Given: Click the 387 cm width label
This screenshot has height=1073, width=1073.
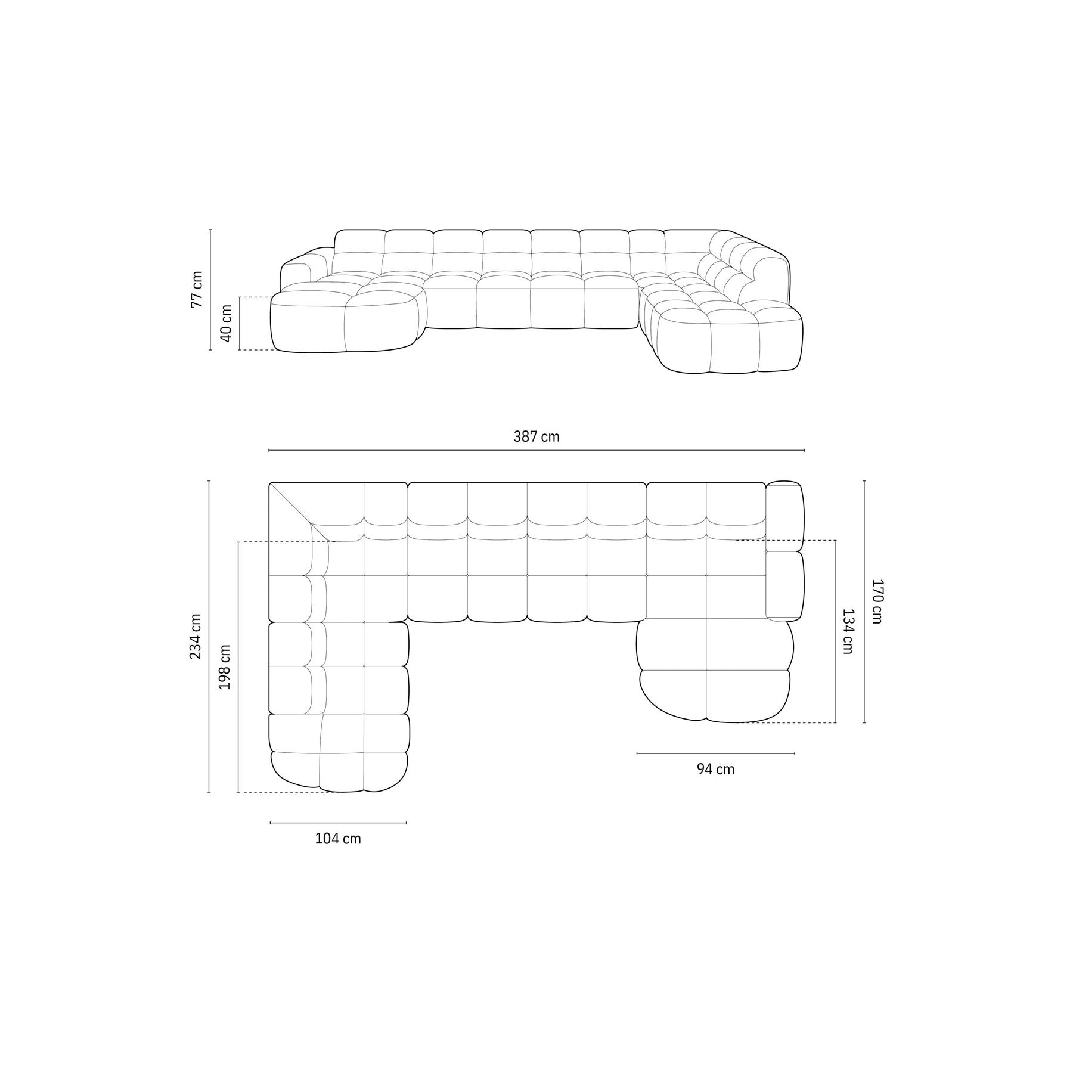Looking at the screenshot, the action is click(x=536, y=437).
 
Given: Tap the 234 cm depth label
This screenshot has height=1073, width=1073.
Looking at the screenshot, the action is click(x=196, y=636).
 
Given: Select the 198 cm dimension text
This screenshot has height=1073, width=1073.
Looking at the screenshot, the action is click(x=225, y=667).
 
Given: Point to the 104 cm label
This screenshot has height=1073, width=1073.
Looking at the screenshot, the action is click(x=338, y=839).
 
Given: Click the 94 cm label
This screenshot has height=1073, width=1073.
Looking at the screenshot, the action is click(x=716, y=770).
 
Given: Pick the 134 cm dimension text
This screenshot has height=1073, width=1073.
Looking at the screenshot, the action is click(x=848, y=631).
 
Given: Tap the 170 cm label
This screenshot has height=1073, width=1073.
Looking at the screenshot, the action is click(x=877, y=601).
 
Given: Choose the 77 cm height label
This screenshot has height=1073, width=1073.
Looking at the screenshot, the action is click(x=196, y=290).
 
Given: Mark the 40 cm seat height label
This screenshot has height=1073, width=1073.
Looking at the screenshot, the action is click(x=226, y=323).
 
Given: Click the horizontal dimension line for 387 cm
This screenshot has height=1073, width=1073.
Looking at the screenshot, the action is click(x=536, y=450).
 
